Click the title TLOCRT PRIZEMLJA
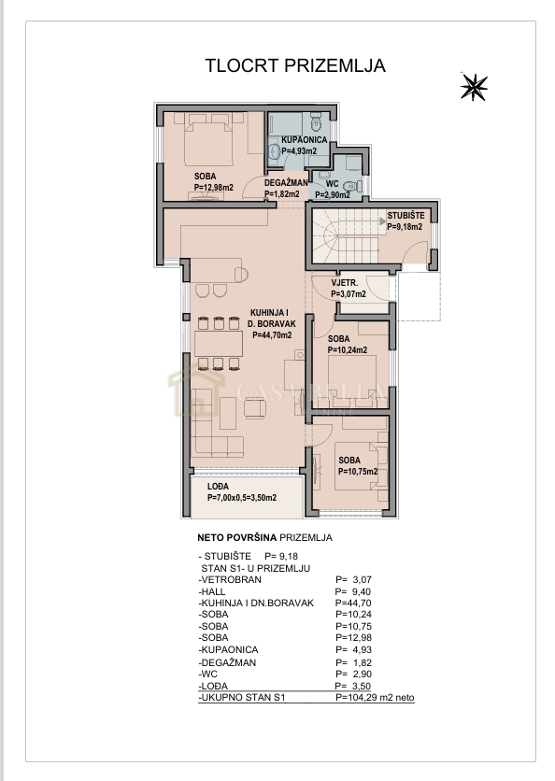pyautogui.click(x=294, y=66)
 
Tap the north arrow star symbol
pyautogui.click(x=475, y=86)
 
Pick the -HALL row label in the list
pyautogui.click(x=213, y=590)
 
